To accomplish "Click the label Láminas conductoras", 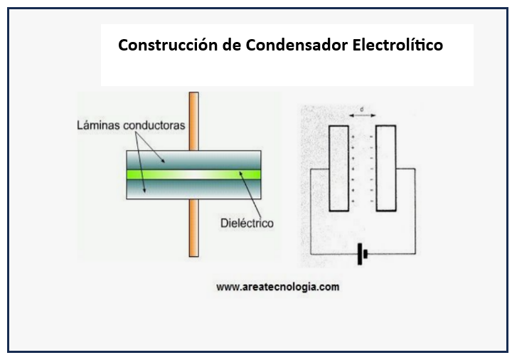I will click(130, 125).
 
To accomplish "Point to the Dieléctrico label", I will click(247, 223).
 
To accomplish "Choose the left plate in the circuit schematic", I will click(339, 168).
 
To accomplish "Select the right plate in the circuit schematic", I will click(385, 168).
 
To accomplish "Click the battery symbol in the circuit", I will click(363, 254).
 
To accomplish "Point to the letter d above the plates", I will click(363, 109).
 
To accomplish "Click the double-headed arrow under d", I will click(363, 116).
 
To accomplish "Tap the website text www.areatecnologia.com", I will click(277, 288).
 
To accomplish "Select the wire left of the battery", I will click(334, 254).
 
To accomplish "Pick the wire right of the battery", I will click(391, 254).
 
